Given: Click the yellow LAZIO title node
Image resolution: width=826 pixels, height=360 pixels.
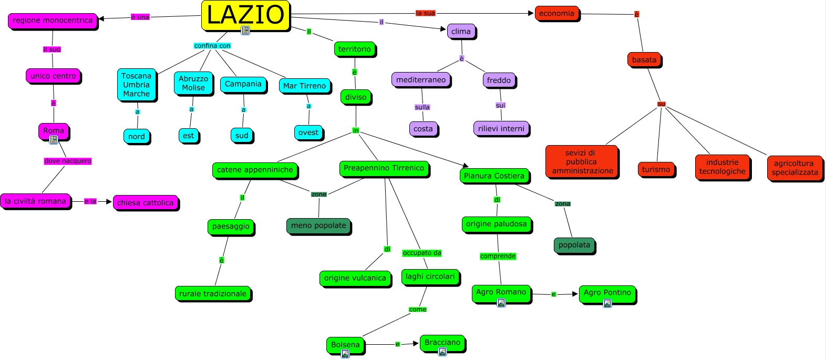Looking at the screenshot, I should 245,14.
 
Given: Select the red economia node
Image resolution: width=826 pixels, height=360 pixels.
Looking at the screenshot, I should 556,14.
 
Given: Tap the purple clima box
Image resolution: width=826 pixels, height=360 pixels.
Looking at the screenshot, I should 461,32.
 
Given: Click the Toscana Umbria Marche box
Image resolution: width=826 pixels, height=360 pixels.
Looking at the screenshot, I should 137,85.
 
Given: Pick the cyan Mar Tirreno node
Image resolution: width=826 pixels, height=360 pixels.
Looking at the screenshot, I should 304,86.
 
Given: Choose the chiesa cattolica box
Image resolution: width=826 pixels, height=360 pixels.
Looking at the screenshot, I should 145,203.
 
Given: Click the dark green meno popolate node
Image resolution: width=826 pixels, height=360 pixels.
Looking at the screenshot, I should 318,225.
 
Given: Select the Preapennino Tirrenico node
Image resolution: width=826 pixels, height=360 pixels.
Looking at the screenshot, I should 384,168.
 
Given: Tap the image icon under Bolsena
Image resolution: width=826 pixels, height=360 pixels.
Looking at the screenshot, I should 345,354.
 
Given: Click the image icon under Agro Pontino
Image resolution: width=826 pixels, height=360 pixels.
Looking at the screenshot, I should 607,303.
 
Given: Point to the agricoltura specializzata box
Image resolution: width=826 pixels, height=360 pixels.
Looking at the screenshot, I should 794,168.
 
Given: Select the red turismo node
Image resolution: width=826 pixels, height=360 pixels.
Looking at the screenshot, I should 656,169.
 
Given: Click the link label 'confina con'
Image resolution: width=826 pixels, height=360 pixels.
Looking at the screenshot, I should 212,46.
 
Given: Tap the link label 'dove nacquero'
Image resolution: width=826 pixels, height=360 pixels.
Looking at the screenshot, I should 68,161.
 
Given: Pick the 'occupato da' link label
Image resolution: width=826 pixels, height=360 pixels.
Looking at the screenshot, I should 422,253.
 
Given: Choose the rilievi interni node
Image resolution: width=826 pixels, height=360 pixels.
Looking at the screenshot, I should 501,129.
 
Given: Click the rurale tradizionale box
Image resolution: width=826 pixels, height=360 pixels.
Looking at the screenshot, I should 213,294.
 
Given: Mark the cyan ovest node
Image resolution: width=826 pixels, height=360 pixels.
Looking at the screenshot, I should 308,132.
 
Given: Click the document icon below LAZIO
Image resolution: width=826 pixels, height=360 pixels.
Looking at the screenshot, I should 245,30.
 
